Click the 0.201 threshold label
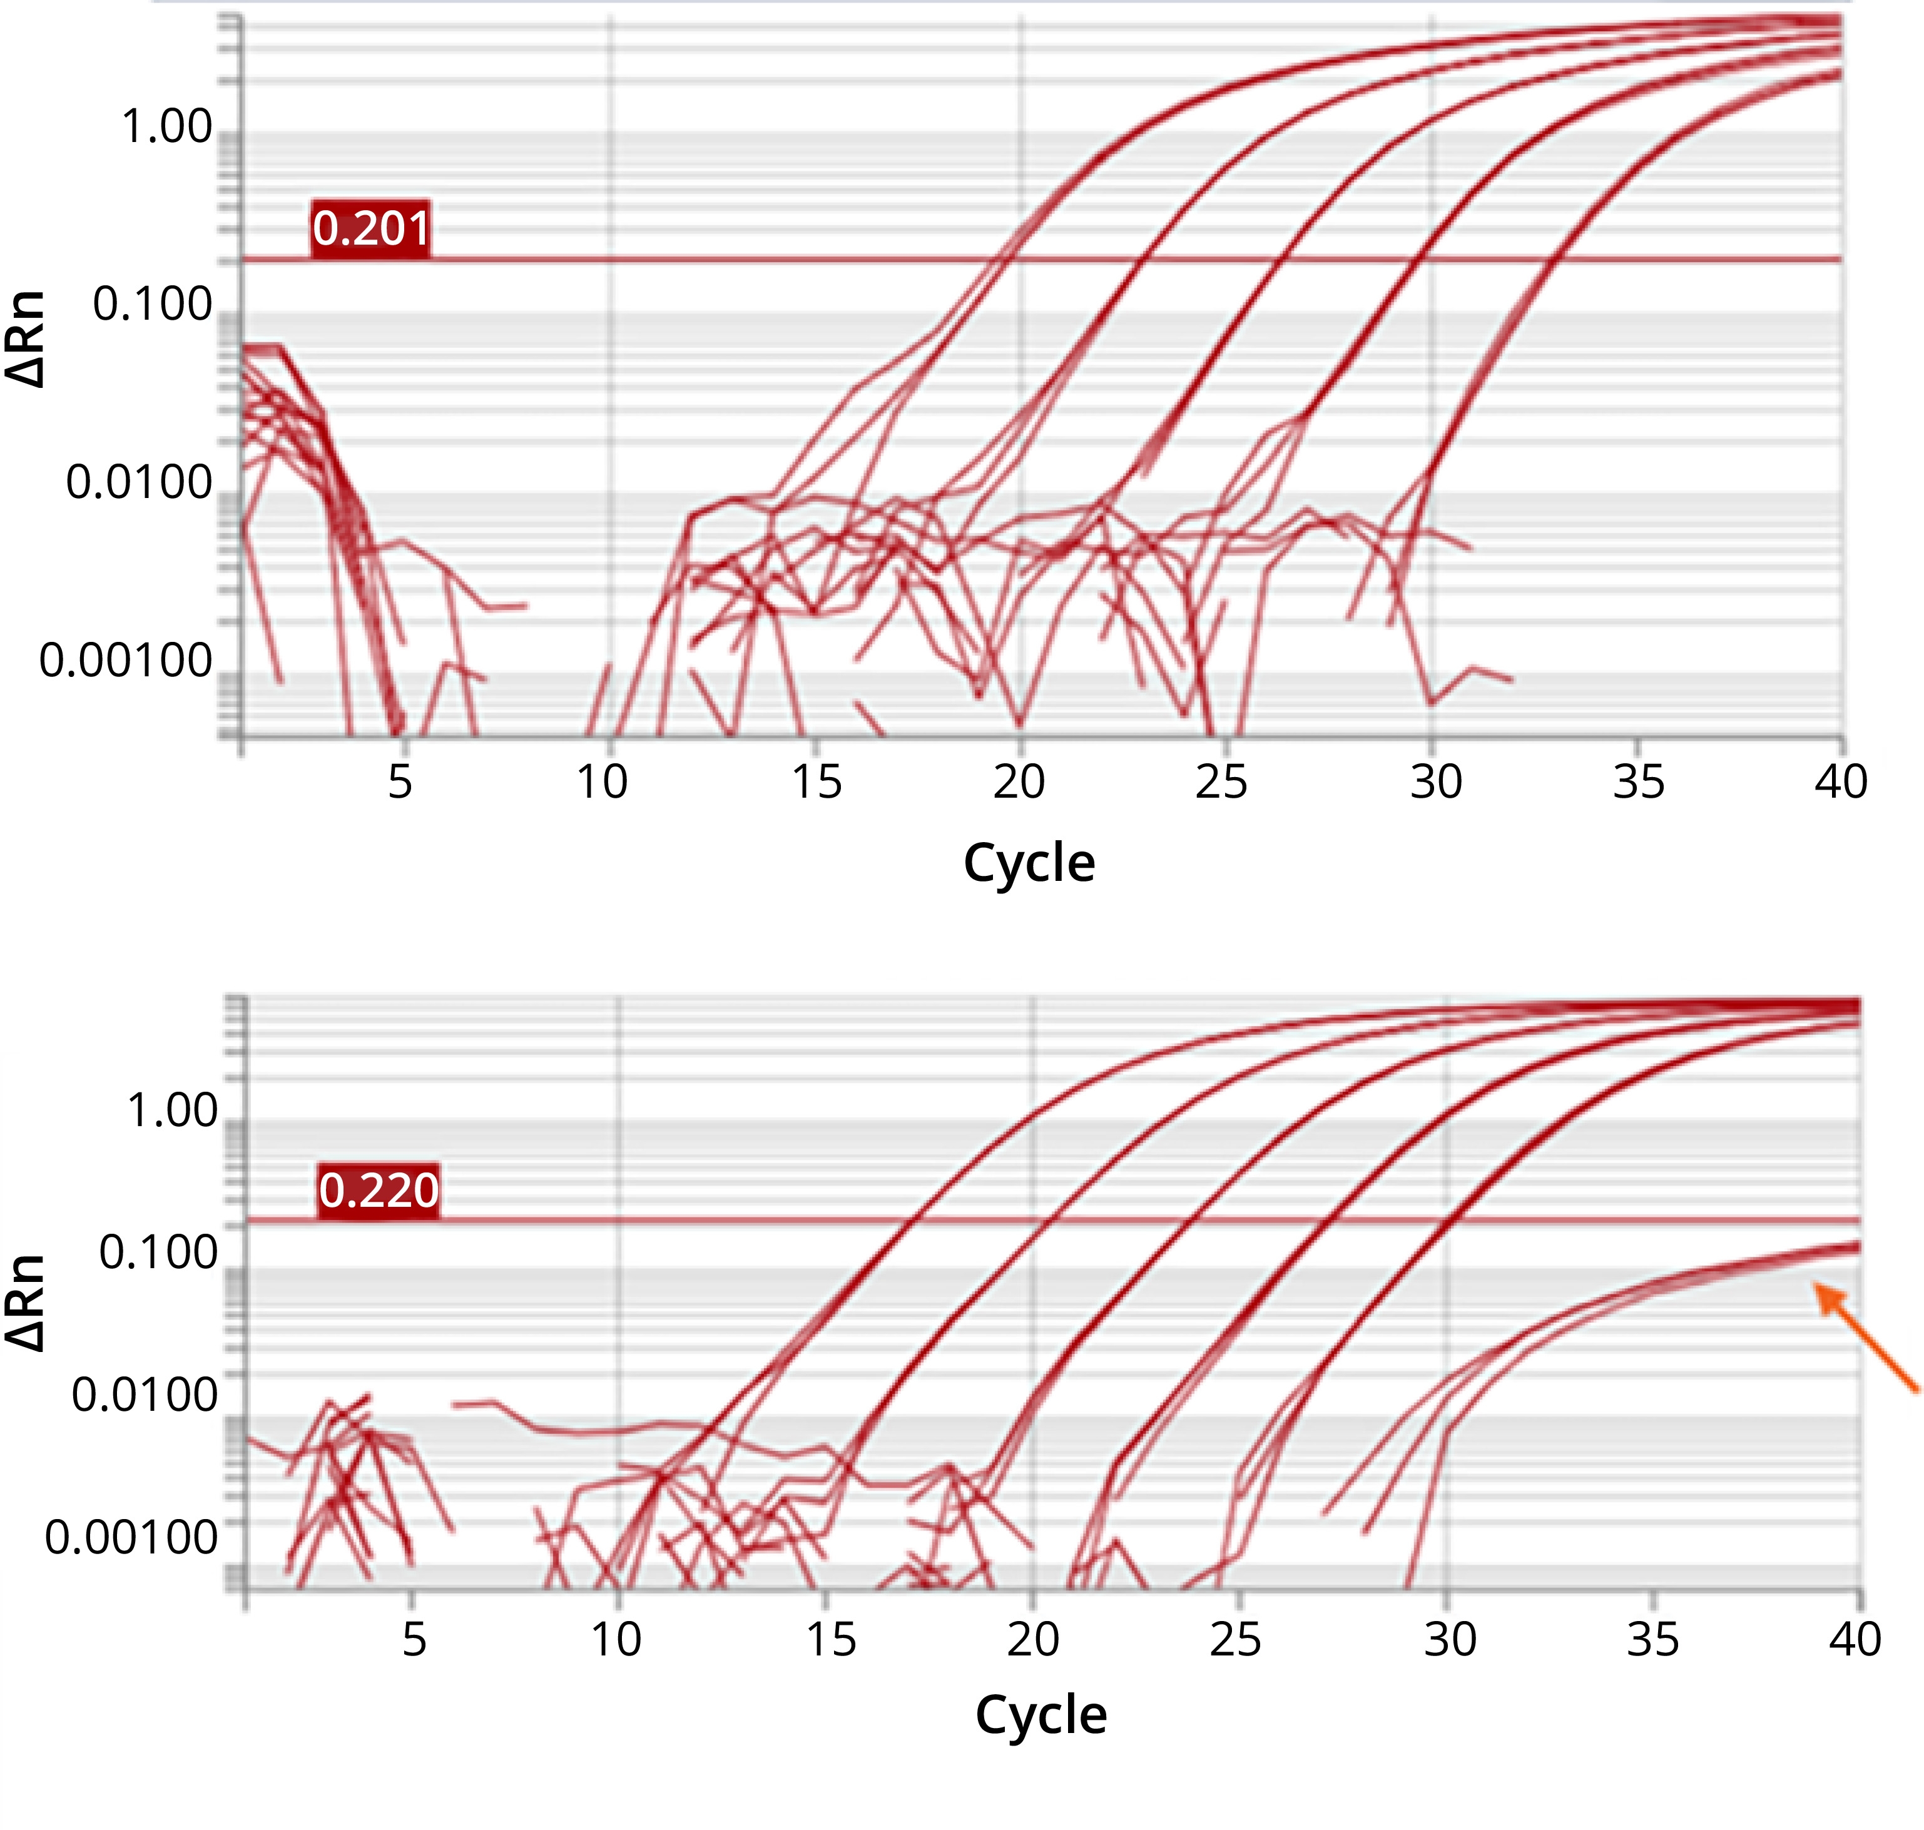[x=371, y=228]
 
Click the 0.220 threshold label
[x=379, y=1190]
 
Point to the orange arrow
[x=1865, y=1336]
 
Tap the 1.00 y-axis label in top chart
[x=166, y=127]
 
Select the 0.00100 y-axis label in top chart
[x=125, y=661]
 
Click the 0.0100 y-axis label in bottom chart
[x=145, y=1395]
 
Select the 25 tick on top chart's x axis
[x=1221, y=781]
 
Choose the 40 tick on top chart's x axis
[x=1840, y=781]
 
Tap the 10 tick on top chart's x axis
[x=602, y=781]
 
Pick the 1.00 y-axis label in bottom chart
[x=173, y=1111]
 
